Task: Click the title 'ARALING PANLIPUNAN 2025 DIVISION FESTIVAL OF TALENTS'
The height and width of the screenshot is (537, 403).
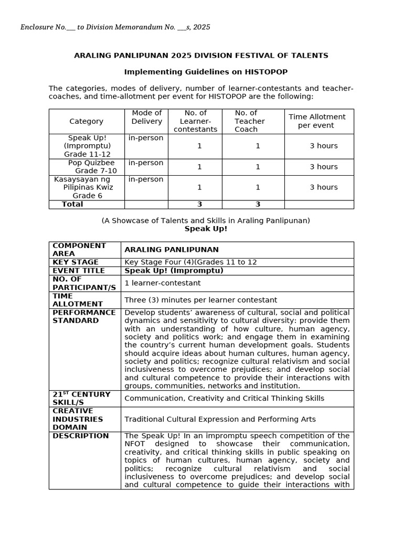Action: (x=201, y=56)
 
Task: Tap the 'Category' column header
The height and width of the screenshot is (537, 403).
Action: (x=86, y=121)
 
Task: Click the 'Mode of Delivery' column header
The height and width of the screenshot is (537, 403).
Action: (x=146, y=117)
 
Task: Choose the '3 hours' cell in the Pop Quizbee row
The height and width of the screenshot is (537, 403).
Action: (x=323, y=167)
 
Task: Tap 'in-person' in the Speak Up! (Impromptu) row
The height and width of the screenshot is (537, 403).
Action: (x=146, y=138)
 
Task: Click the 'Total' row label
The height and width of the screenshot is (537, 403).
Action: (x=72, y=205)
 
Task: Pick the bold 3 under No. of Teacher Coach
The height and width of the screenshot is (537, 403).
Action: (x=258, y=205)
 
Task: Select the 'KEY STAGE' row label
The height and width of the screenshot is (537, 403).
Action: (x=76, y=262)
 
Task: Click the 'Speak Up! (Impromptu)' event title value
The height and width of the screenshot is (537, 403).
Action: (x=174, y=271)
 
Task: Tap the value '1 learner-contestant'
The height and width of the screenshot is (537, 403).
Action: (x=162, y=283)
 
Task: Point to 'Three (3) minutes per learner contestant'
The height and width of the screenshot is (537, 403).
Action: (x=200, y=300)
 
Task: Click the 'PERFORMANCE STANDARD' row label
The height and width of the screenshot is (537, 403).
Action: (x=84, y=316)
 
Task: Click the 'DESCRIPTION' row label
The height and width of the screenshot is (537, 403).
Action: (x=81, y=436)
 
